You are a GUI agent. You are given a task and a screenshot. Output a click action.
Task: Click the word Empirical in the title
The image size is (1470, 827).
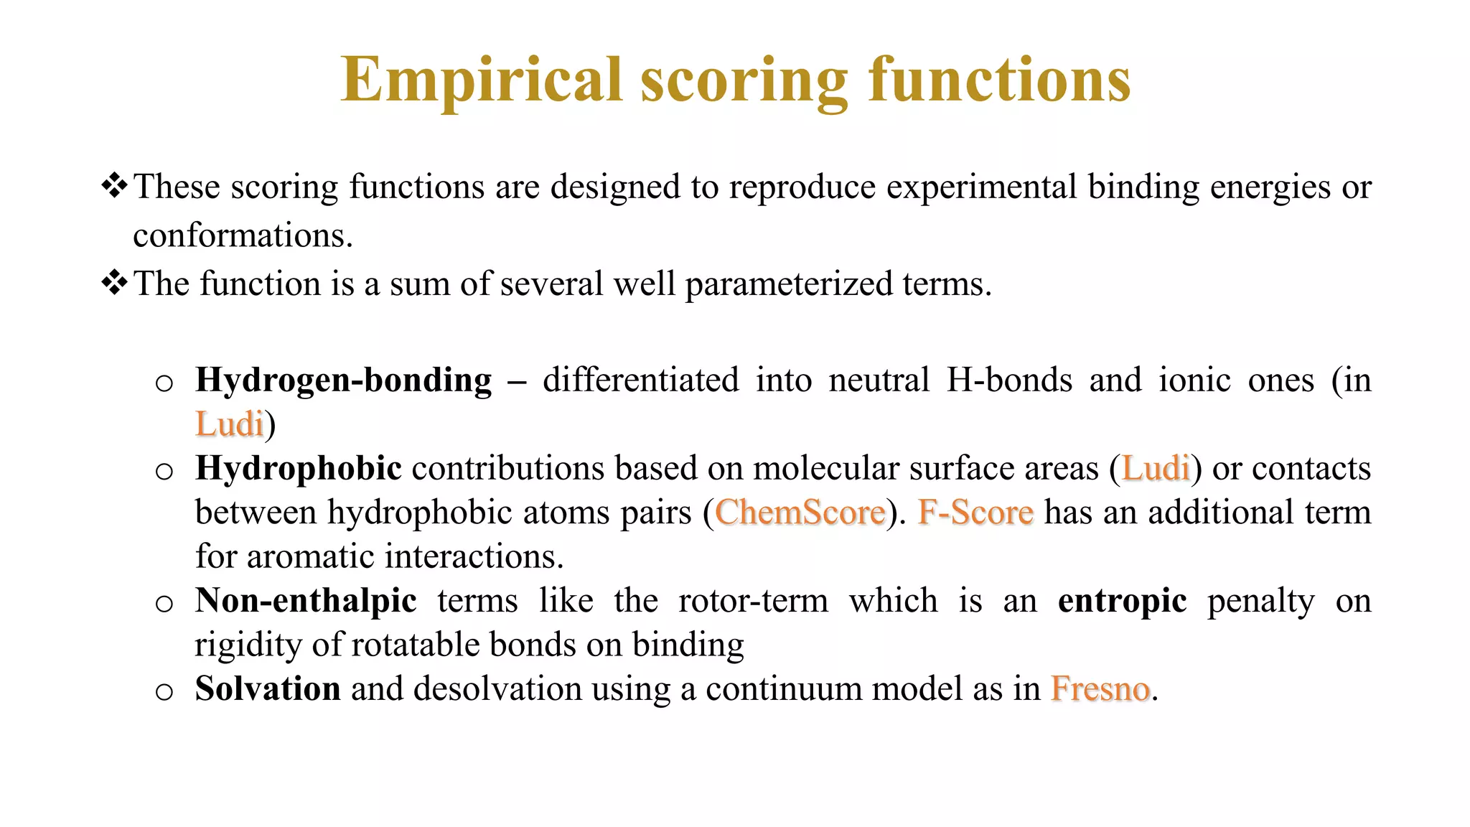(481, 80)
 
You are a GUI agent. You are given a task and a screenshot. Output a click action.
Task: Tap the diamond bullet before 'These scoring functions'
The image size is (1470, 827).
(115, 186)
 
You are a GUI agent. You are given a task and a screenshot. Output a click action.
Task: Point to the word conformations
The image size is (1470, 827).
(242, 235)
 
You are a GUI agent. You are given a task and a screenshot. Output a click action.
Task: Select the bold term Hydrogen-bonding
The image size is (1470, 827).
(343, 380)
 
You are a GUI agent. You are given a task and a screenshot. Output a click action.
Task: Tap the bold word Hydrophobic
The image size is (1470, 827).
(298, 469)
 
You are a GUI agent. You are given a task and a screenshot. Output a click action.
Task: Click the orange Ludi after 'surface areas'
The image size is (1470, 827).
(1156, 469)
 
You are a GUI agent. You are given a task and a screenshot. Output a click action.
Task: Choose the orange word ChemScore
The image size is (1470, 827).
(800, 513)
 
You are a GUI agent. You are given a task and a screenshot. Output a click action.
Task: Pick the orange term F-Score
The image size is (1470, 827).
(975, 513)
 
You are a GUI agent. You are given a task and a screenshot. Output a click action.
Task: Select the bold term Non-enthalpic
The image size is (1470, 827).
(306, 601)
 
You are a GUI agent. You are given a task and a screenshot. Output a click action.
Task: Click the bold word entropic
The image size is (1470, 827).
(1122, 601)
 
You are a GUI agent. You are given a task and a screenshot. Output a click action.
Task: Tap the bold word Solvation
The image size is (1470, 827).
(268, 689)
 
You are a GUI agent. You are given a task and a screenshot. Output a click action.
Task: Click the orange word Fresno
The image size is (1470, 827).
(1100, 689)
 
